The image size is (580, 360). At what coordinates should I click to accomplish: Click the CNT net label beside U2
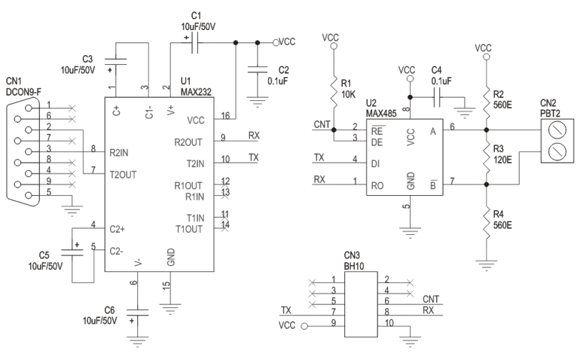point(320,124)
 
